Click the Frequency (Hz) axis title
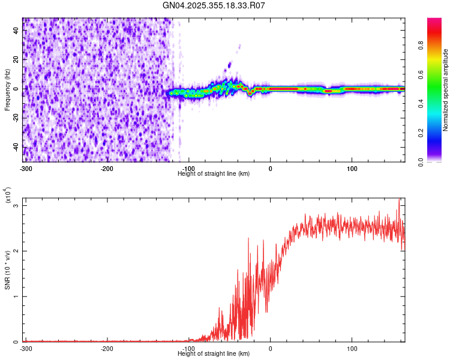pyautogui.click(x=7, y=89)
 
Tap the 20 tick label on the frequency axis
pyautogui.click(x=16, y=60)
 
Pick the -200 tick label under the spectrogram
pyautogui.click(x=107, y=168)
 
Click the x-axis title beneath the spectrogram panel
pyautogui.click(x=214, y=173)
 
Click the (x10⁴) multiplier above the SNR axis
pyautogui.click(x=8, y=195)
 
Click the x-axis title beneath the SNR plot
pyautogui.click(x=214, y=353)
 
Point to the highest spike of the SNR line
pyautogui.click(x=399, y=201)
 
